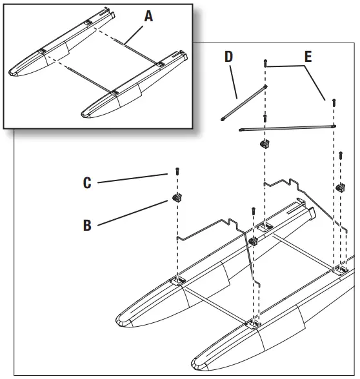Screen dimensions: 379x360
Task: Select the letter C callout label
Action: click(87, 183)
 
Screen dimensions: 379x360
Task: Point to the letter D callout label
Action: click(228, 57)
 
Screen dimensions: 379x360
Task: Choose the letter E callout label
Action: click(308, 57)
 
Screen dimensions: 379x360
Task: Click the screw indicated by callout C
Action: click(175, 172)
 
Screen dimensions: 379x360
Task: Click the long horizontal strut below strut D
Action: click(287, 126)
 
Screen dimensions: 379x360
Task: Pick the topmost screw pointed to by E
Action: click(265, 63)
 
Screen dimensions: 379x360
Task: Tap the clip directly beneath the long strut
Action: click(263, 143)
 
